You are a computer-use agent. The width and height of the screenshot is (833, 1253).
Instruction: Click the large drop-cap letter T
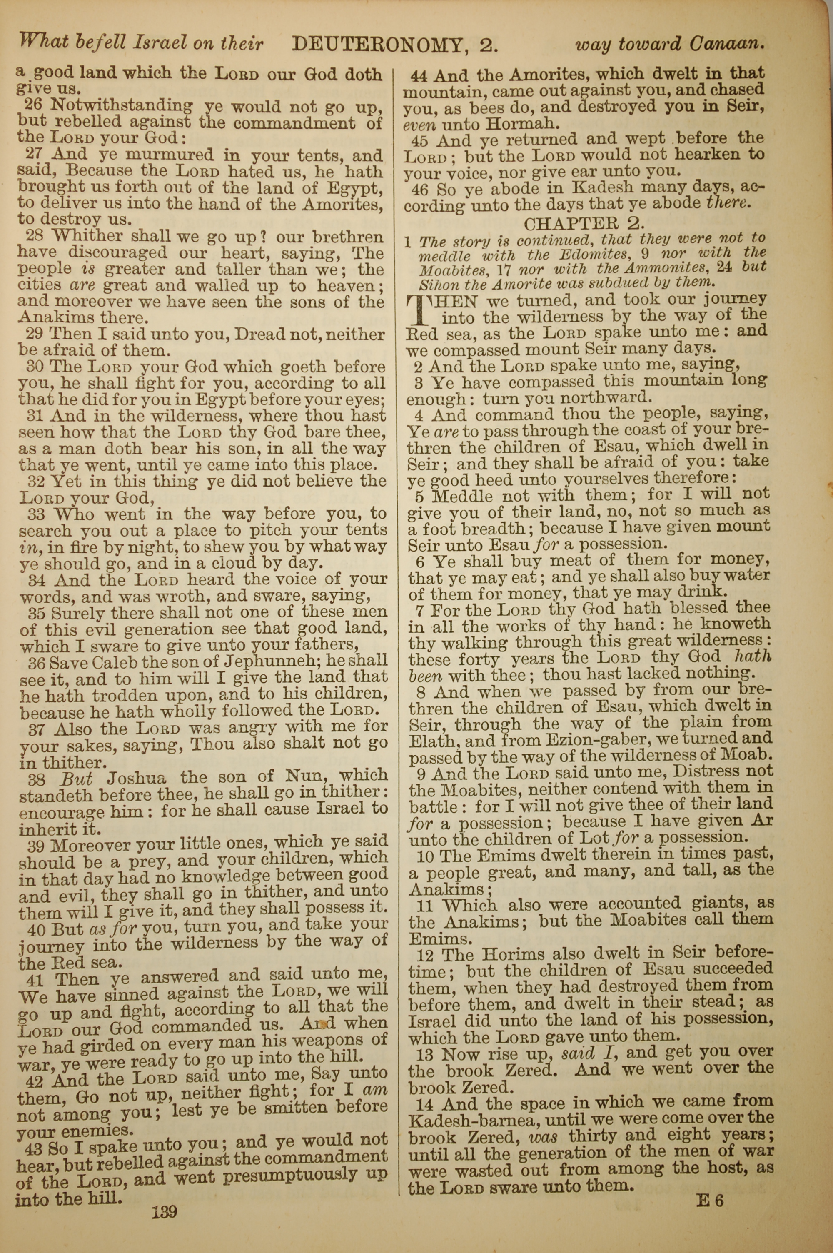pyautogui.click(x=420, y=311)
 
